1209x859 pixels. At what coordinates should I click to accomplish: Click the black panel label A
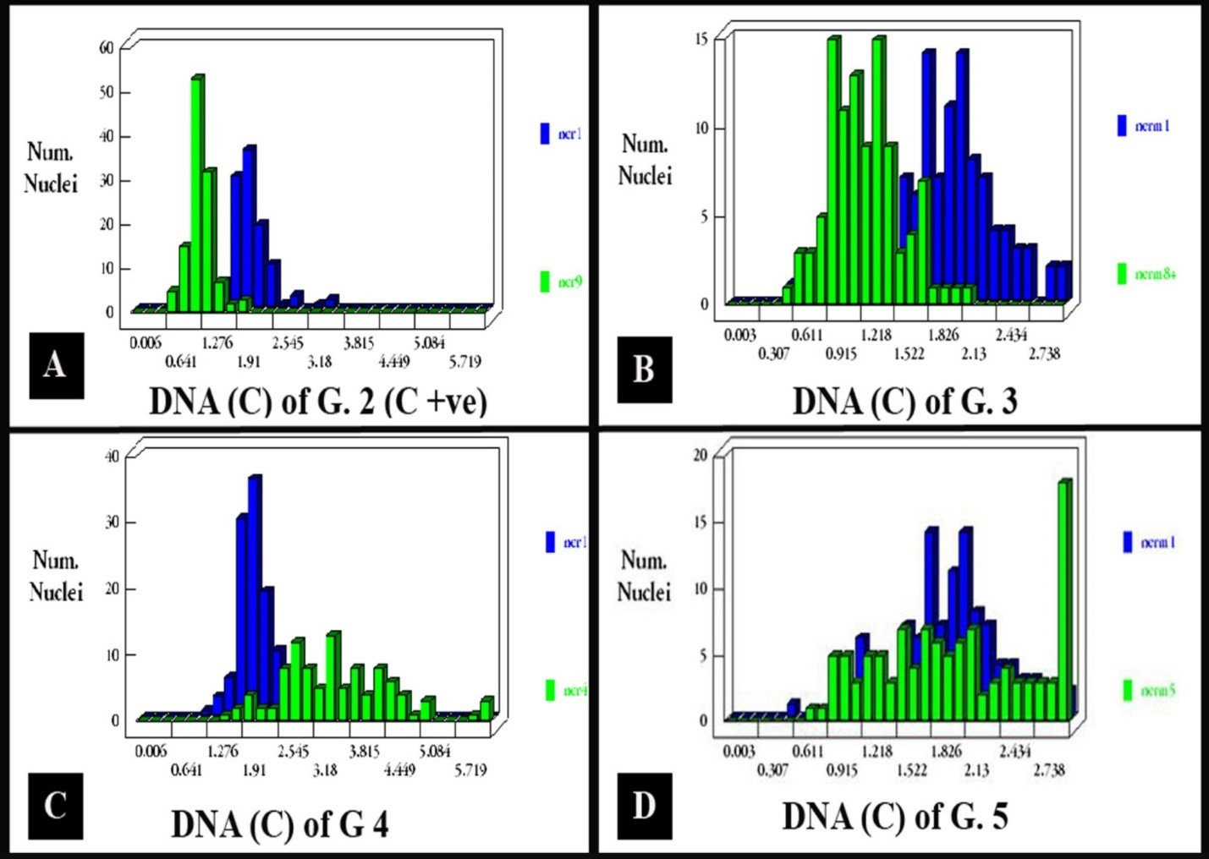pos(56,365)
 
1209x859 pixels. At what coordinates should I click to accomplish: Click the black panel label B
pos(644,369)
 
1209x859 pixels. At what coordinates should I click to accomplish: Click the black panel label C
pos(56,806)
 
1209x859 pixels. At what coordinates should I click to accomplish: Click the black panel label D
pos(644,806)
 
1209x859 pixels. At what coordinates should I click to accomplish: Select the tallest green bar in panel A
pos(196,194)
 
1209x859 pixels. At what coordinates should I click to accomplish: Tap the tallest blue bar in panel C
pos(253,592)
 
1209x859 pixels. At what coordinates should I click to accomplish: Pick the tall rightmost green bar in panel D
pos(1063,600)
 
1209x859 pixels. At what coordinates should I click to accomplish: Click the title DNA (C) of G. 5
pos(895,817)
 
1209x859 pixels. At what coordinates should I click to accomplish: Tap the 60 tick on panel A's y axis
pos(106,48)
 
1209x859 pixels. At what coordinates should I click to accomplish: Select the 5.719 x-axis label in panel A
pos(464,362)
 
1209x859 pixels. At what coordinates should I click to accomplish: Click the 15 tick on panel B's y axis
pos(701,39)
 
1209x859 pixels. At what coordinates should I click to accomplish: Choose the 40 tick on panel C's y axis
pos(112,457)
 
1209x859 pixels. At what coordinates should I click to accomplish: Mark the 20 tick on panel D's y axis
pos(700,455)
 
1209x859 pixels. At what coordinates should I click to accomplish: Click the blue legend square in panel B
pos(1122,126)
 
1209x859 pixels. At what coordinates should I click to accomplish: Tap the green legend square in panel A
pos(545,282)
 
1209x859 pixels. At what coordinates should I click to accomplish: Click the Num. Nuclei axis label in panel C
pos(56,576)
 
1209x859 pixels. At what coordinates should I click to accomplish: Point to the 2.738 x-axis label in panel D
pos(1048,770)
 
